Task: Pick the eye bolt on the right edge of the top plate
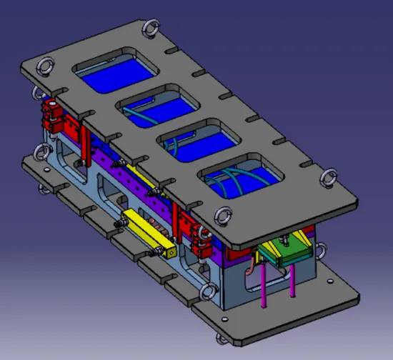(330, 176)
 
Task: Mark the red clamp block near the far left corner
(51, 115)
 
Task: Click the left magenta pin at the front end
(264, 286)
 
